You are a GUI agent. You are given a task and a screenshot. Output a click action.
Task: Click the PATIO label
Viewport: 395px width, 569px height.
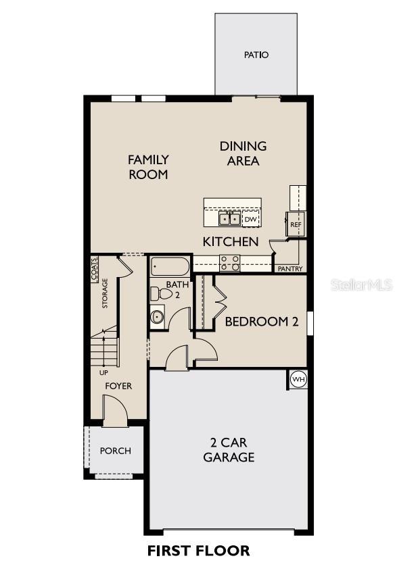[256, 55]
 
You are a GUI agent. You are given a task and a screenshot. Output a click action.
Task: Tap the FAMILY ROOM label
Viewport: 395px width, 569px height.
[149, 167]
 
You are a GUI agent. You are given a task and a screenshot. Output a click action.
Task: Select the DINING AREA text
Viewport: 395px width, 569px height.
[243, 153]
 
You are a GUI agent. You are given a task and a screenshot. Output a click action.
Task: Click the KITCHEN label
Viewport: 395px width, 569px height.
[231, 241]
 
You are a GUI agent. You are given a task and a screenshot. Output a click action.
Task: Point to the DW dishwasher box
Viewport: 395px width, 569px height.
[250, 219]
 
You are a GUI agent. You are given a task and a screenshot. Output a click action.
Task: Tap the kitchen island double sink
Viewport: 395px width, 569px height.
[229, 218]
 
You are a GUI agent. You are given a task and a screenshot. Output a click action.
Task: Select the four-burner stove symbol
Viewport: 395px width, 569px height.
[230, 263]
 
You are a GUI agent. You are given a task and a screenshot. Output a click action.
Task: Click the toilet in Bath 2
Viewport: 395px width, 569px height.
[160, 294]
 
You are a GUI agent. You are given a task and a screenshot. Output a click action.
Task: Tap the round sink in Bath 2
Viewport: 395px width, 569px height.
[157, 316]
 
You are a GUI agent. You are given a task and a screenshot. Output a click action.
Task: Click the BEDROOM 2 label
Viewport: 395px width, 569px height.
[262, 322]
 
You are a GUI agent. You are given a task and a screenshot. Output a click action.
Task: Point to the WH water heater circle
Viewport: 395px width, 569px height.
[298, 380]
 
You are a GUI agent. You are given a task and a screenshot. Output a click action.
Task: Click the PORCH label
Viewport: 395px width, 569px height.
[115, 451]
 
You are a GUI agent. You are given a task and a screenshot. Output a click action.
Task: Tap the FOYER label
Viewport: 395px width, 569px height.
[118, 386]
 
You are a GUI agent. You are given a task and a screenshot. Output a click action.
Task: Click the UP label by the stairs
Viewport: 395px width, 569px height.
[103, 372]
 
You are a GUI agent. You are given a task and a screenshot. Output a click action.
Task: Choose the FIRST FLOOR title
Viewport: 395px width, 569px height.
[198, 551]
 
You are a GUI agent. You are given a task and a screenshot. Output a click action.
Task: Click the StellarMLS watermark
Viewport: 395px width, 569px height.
[361, 285]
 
